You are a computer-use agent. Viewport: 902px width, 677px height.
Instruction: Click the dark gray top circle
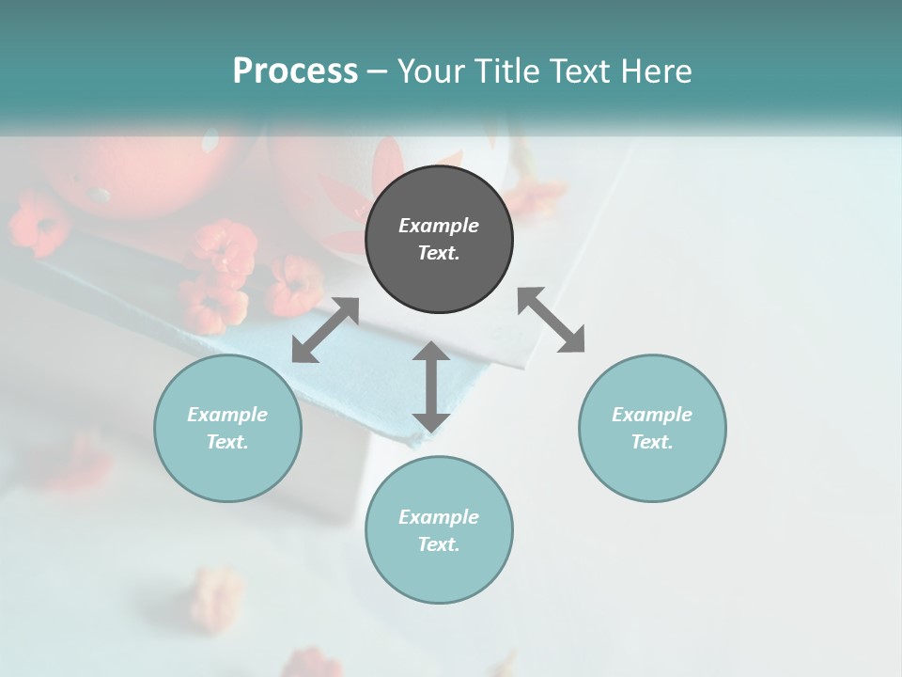[439, 239]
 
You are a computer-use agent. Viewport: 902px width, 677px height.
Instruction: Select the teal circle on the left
[227, 428]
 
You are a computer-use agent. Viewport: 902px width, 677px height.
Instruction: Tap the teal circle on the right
[652, 428]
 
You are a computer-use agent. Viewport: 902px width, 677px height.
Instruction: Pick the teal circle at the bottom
[439, 529]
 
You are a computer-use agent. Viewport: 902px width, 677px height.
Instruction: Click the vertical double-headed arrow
[431, 386]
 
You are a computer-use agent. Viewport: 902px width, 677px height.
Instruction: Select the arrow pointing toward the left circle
[325, 330]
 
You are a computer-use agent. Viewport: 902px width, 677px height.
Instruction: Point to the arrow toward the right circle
[552, 320]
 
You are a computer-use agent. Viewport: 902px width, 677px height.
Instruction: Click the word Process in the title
[295, 71]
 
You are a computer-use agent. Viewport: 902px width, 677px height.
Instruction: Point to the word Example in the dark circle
[439, 226]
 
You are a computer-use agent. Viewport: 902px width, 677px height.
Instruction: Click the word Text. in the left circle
[227, 442]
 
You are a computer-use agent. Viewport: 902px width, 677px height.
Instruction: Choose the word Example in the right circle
[652, 415]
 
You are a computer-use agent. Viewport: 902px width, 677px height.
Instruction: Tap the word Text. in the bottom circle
[439, 544]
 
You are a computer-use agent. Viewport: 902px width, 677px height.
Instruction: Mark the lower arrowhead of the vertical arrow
[431, 421]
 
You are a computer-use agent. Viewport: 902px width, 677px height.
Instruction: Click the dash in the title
[377, 71]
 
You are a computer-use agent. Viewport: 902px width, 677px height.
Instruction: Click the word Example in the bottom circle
[439, 517]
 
